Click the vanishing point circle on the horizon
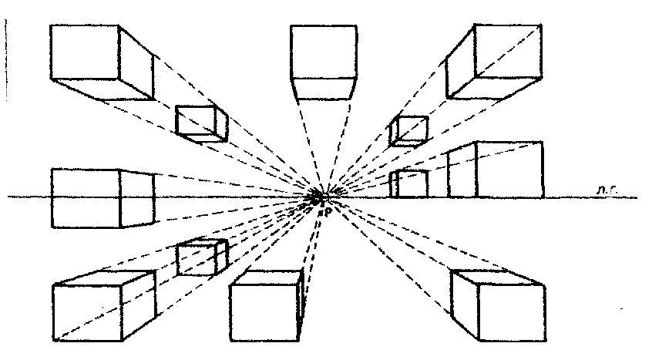tap(316, 198)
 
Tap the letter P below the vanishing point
tap(327, 210)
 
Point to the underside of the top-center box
tap(324, 88)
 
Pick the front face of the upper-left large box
tap(85, 52)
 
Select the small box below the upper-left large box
tap(200, 123)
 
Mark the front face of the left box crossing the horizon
tap(85, 198)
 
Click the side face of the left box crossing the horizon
tap(137, 198)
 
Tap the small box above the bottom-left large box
tap(200, 257)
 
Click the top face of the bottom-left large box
tap(108, 278)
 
